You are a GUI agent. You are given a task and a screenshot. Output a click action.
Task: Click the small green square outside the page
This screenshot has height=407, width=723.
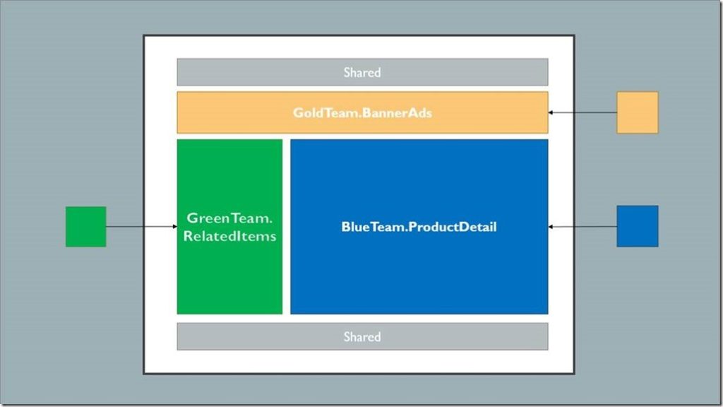coord(85,226)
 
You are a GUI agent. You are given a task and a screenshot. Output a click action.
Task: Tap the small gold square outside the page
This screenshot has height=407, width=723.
coord(637,112)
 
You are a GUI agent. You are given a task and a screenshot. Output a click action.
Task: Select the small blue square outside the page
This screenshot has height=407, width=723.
coord(637,226)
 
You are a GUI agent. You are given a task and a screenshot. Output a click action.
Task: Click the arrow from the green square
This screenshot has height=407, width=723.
coord(141,227)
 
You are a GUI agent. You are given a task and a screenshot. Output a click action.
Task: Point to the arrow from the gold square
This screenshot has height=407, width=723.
coord(583,112)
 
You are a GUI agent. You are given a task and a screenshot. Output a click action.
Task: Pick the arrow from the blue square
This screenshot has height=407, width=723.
coord(583,227)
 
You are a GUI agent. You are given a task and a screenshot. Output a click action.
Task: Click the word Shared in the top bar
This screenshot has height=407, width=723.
coord(362,72)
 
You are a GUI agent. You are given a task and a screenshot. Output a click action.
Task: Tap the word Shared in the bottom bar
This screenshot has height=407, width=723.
coord(362,336)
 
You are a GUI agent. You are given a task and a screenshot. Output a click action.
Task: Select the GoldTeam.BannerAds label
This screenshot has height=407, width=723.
coord(362,112)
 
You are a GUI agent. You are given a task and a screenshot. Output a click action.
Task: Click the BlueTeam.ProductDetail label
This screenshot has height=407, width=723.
coord(419,227)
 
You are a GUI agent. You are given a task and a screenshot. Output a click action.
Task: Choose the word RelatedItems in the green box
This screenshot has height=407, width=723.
coord(229,236)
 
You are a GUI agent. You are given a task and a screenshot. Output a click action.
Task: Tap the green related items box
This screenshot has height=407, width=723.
coord(229,283)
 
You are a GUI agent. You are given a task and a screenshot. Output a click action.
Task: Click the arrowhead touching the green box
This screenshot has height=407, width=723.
coord(174,227)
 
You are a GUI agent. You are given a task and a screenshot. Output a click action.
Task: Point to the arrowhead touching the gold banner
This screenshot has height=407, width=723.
coord(551,112)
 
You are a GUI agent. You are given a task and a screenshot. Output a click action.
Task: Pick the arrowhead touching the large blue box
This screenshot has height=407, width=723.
coord(551,227)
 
